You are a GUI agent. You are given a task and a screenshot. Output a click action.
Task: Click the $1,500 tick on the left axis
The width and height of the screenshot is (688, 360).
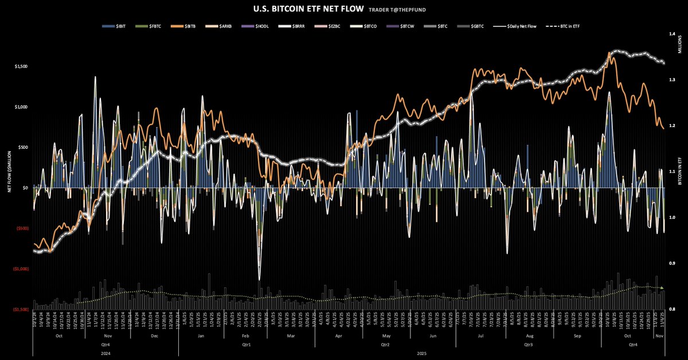tap(20, 66)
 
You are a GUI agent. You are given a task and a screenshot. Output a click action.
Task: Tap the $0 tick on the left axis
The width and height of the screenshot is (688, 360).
tap(25, 188)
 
